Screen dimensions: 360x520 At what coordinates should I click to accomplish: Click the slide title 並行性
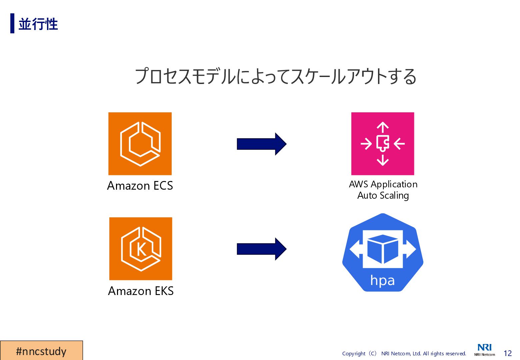pos(38,24)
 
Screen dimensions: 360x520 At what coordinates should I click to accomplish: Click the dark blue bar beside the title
pos(12,23)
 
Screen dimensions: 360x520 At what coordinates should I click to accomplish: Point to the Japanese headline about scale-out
pos(276,76)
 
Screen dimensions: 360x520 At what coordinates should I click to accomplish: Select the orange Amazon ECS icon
pos(140,144)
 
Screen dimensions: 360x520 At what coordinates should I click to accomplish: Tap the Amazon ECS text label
pos(140,186)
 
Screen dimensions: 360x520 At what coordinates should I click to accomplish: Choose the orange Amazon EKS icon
pos(141,249)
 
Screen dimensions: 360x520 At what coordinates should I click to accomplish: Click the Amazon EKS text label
pos(141,291)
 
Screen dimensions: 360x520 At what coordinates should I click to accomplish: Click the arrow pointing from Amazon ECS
pos(261,144)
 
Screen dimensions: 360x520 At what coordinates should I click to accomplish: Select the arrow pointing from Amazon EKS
pos(261,249)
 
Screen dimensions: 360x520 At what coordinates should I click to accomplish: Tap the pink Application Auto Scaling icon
pos(383,144)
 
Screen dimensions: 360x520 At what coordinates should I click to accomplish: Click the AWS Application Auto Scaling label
pos(383,190)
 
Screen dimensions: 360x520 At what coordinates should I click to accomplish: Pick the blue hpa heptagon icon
pos(383,252)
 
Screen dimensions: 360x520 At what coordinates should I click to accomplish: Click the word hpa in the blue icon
pos(382,281)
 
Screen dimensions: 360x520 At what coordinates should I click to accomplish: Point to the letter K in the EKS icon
pos(142,249)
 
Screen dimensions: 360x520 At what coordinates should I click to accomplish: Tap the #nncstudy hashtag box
pos(41,351)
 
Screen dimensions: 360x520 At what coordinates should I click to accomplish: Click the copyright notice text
pos(404,353)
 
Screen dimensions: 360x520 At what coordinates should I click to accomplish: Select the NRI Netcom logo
pos(485,350)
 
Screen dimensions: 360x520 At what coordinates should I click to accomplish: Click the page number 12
pos(507,353)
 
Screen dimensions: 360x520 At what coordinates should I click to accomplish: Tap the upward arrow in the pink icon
pos(383,128)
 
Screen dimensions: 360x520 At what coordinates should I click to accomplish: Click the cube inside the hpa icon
pos(383,249)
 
